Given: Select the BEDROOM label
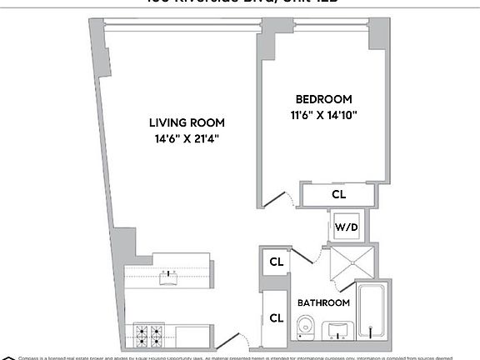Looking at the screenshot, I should (323, 98).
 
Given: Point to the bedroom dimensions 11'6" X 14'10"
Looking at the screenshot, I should (323, 115).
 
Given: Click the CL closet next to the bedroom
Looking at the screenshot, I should (338, 194).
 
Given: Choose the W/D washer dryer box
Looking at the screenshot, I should (345, 227).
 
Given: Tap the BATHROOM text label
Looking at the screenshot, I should (323, 302).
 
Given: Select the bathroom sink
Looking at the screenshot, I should (338, 330).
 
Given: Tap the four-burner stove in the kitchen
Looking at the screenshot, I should (148, 335).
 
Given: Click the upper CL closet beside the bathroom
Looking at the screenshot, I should (275, 262).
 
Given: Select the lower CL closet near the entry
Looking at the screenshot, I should (275, 317).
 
